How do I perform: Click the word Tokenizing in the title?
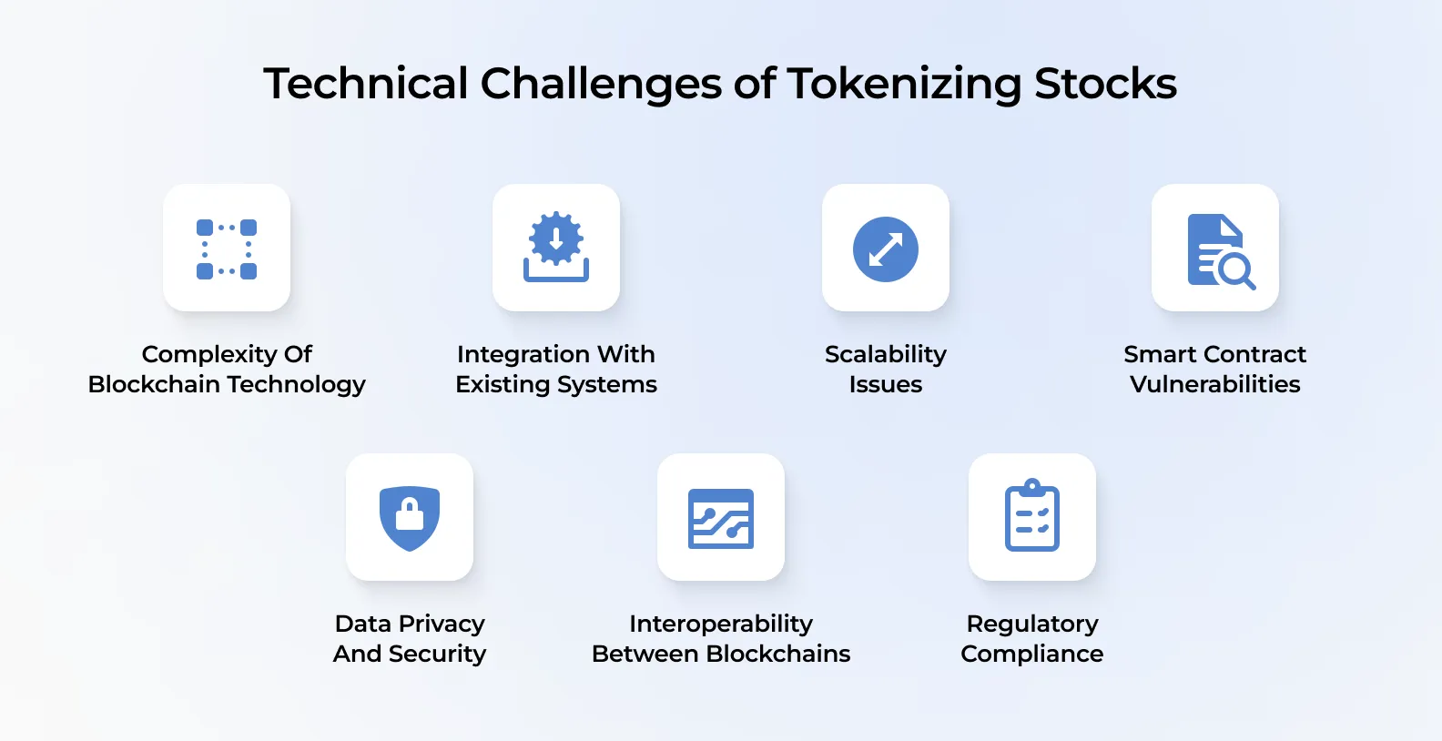click(904, 84)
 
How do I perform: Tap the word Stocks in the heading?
click(1105, 84)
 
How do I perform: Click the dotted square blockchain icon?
click(227, 249)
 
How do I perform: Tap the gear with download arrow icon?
click(556, 247)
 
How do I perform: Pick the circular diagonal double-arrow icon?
click(886, 249)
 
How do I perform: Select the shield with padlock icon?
click(410, 518)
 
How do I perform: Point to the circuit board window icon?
click(721, 518)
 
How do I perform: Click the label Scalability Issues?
click(886, 369)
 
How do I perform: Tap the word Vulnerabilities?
click(1215, 384)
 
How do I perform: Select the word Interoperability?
click(721, 624)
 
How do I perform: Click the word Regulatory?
click(1032, 624)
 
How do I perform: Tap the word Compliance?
click(1032, 654)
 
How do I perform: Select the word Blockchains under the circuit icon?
click(778, 654)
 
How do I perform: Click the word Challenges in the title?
click(601, 84)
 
